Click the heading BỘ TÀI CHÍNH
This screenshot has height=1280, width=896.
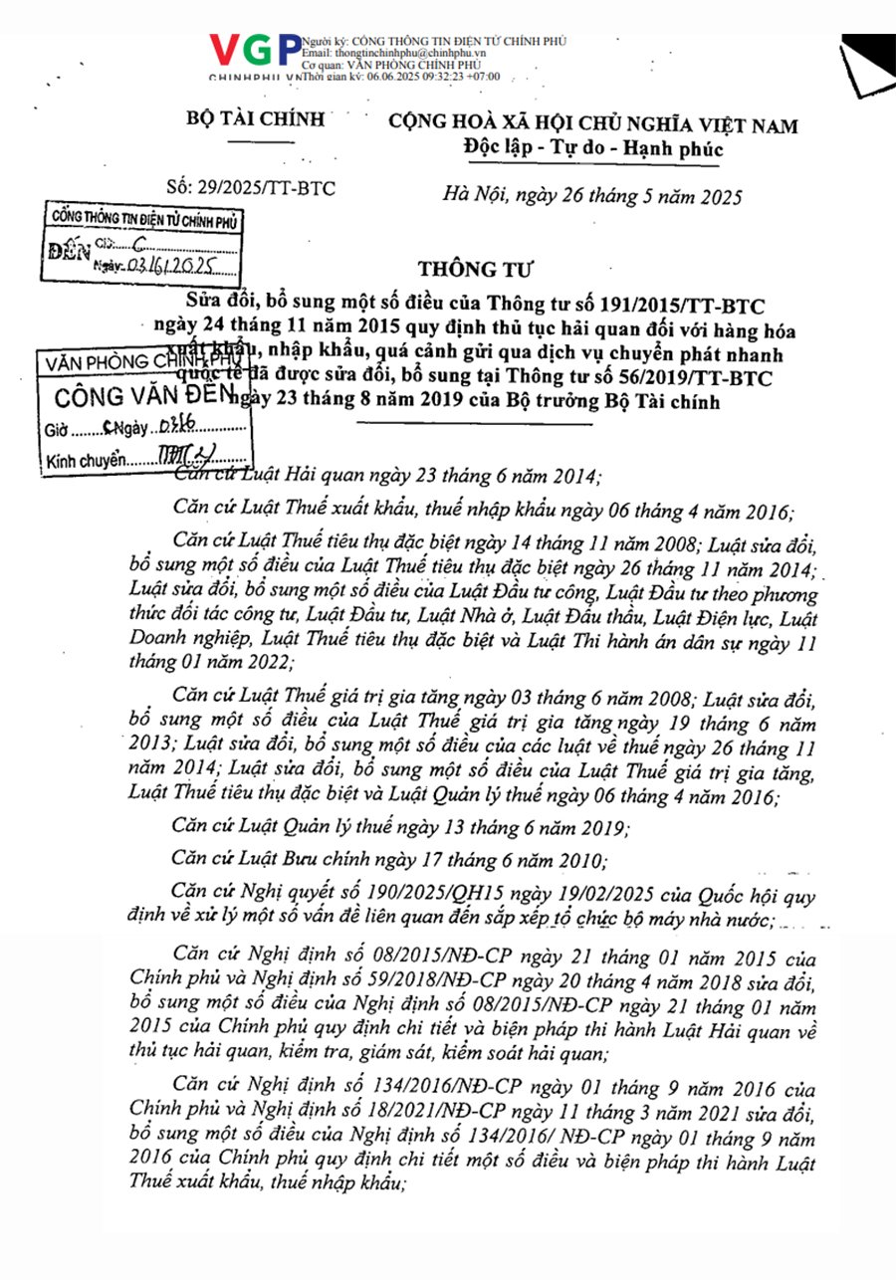256,120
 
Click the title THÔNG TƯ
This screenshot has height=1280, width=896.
462,269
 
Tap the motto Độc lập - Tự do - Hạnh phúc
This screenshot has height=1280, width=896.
592,150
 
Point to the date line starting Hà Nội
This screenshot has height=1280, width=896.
591,196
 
